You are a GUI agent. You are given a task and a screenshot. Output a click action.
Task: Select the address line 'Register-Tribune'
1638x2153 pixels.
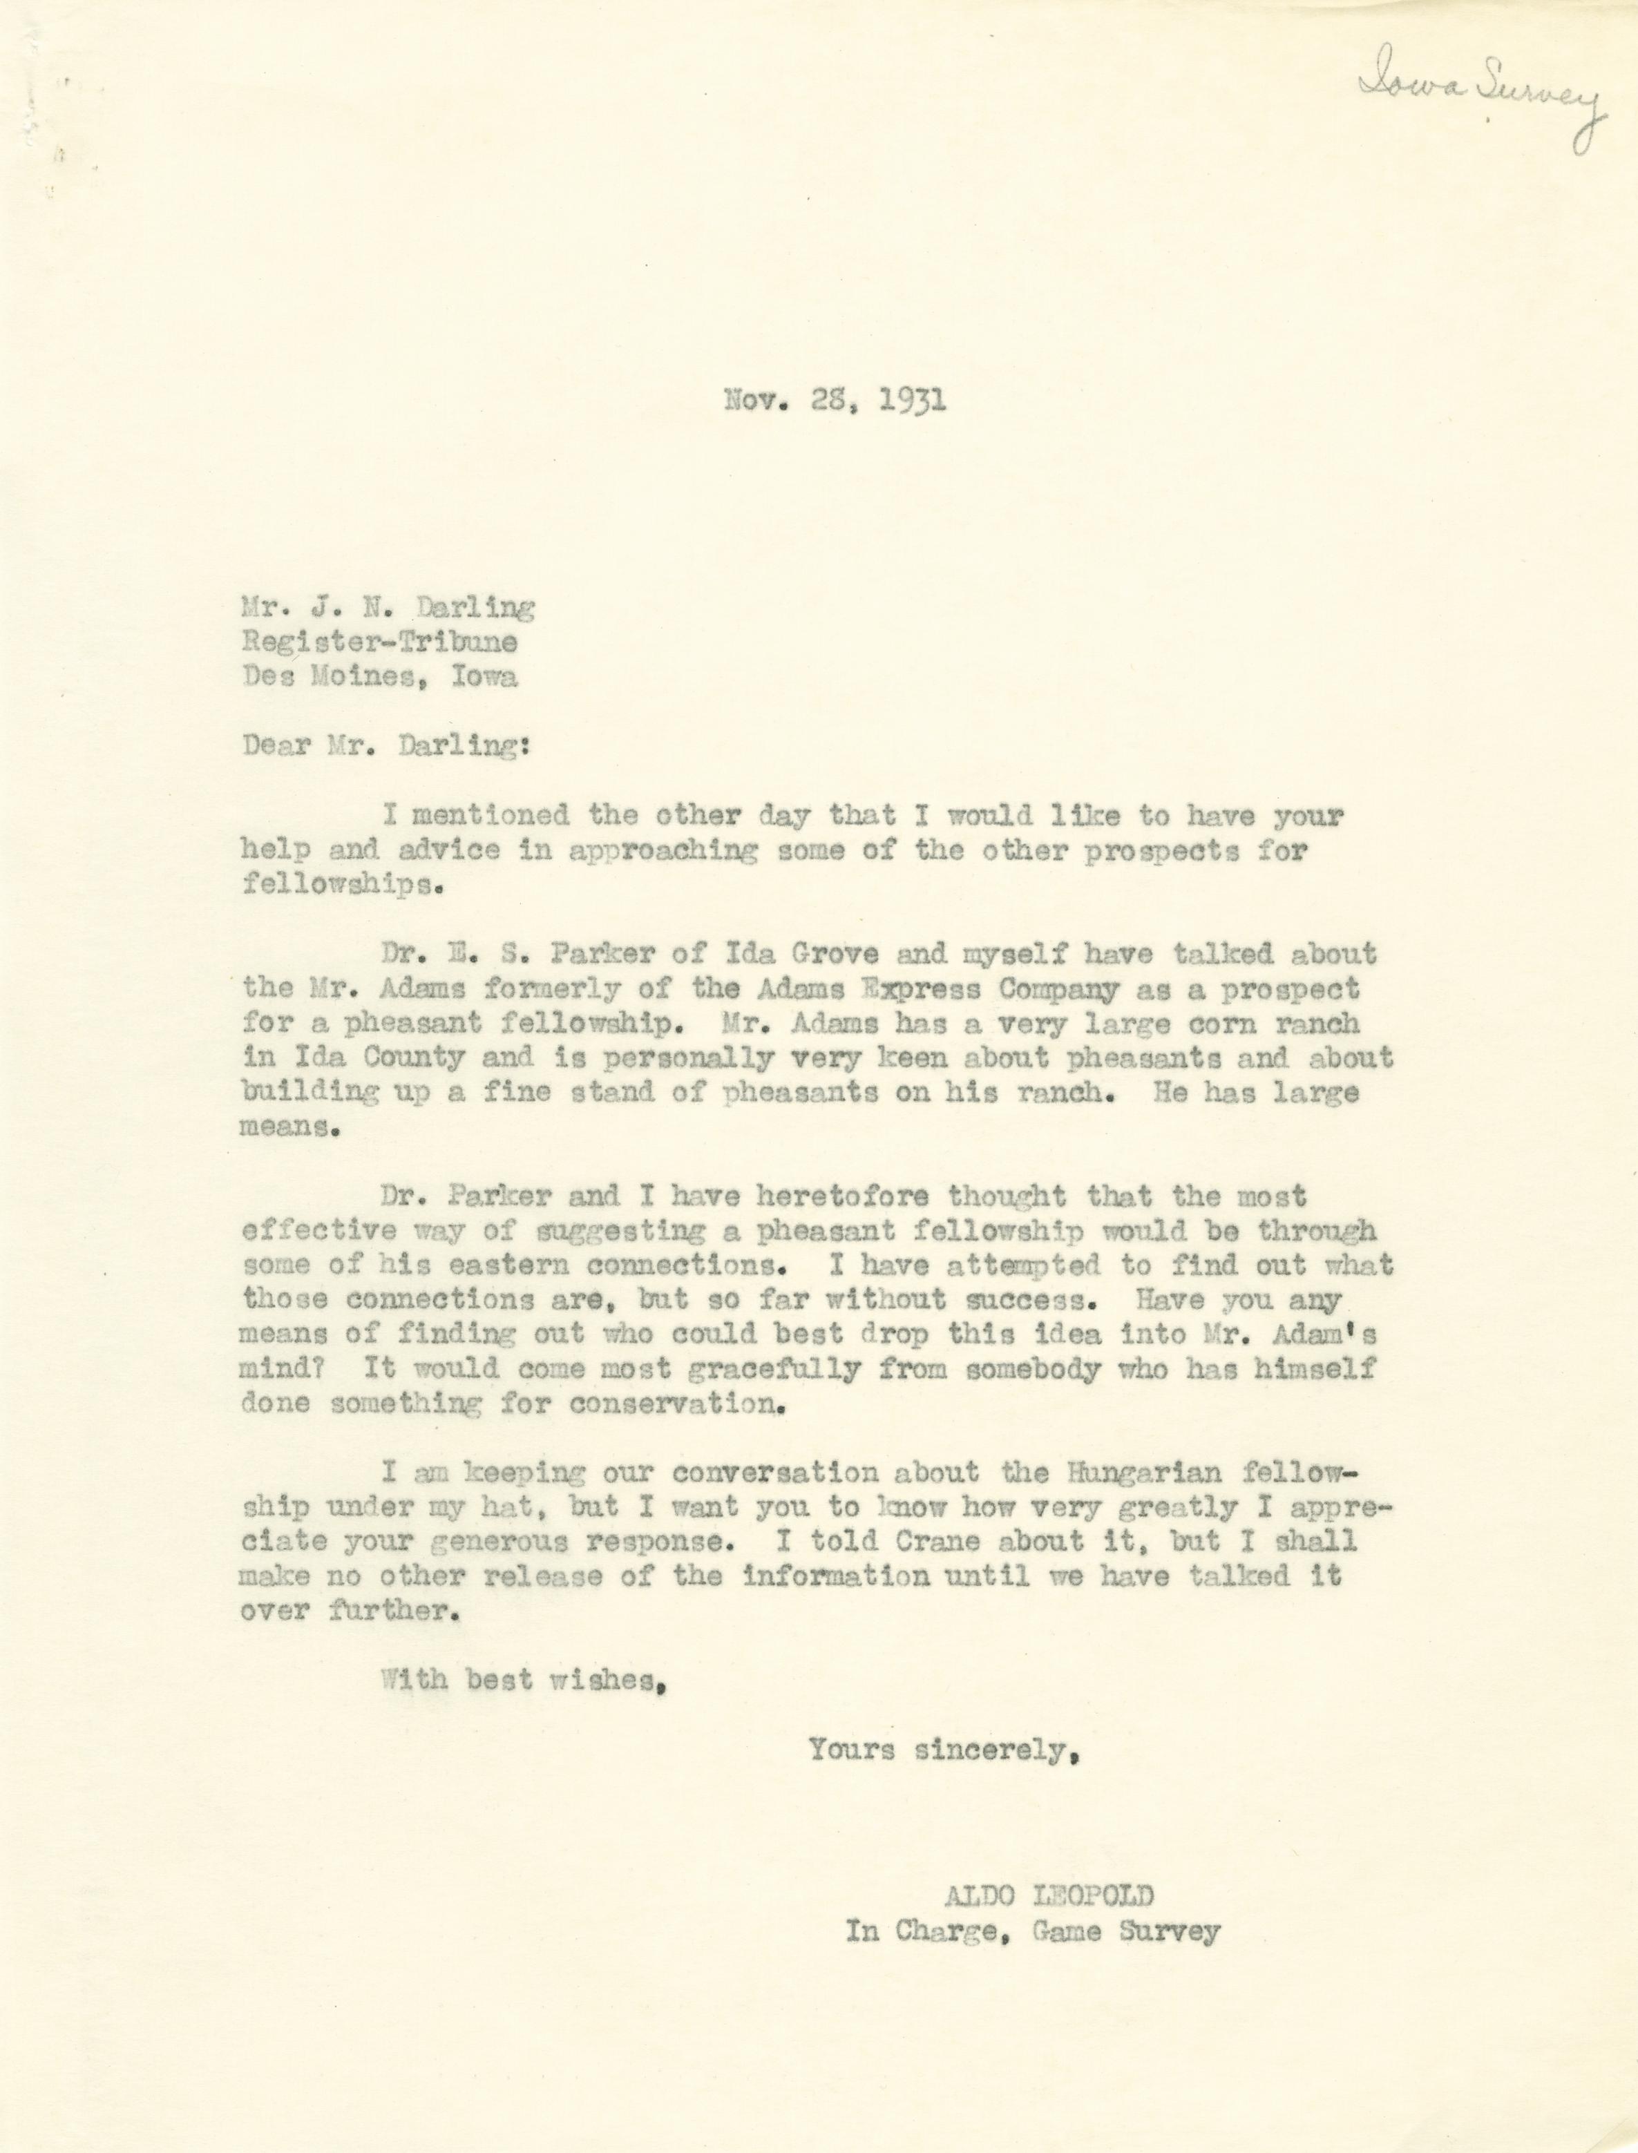pos(380,641)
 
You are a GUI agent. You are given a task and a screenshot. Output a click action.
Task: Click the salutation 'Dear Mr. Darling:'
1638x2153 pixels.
pos(386,745)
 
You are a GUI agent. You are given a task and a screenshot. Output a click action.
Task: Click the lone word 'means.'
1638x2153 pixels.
pos(289,1128)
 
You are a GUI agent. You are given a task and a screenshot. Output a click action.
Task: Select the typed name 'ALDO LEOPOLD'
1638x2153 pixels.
pos(1048,1895)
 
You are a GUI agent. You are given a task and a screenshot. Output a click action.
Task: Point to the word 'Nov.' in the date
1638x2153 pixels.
pos(756,400)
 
